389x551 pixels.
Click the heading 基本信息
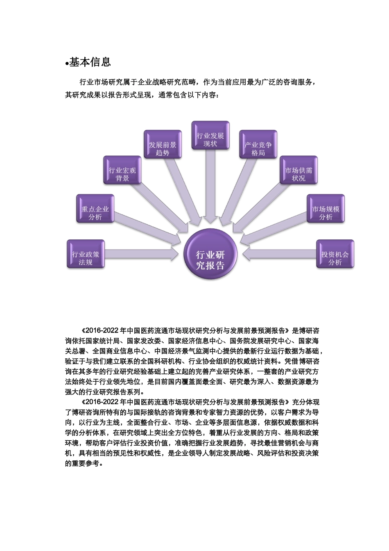click(90, 62)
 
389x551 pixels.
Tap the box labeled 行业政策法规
click(86, 255)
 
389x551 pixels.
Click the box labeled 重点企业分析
click(95, 209)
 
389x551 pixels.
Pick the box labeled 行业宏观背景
click(122, 170)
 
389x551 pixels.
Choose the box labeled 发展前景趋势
click(162, 145)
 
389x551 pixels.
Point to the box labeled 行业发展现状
click(210, 136)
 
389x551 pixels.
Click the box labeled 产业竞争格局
click(258, 145)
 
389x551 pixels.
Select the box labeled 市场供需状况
click(299, 170)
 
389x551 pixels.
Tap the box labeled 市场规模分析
click(326, 209)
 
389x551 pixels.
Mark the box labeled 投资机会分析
click(335, 255)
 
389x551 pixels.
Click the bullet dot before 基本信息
click(67, 64)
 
